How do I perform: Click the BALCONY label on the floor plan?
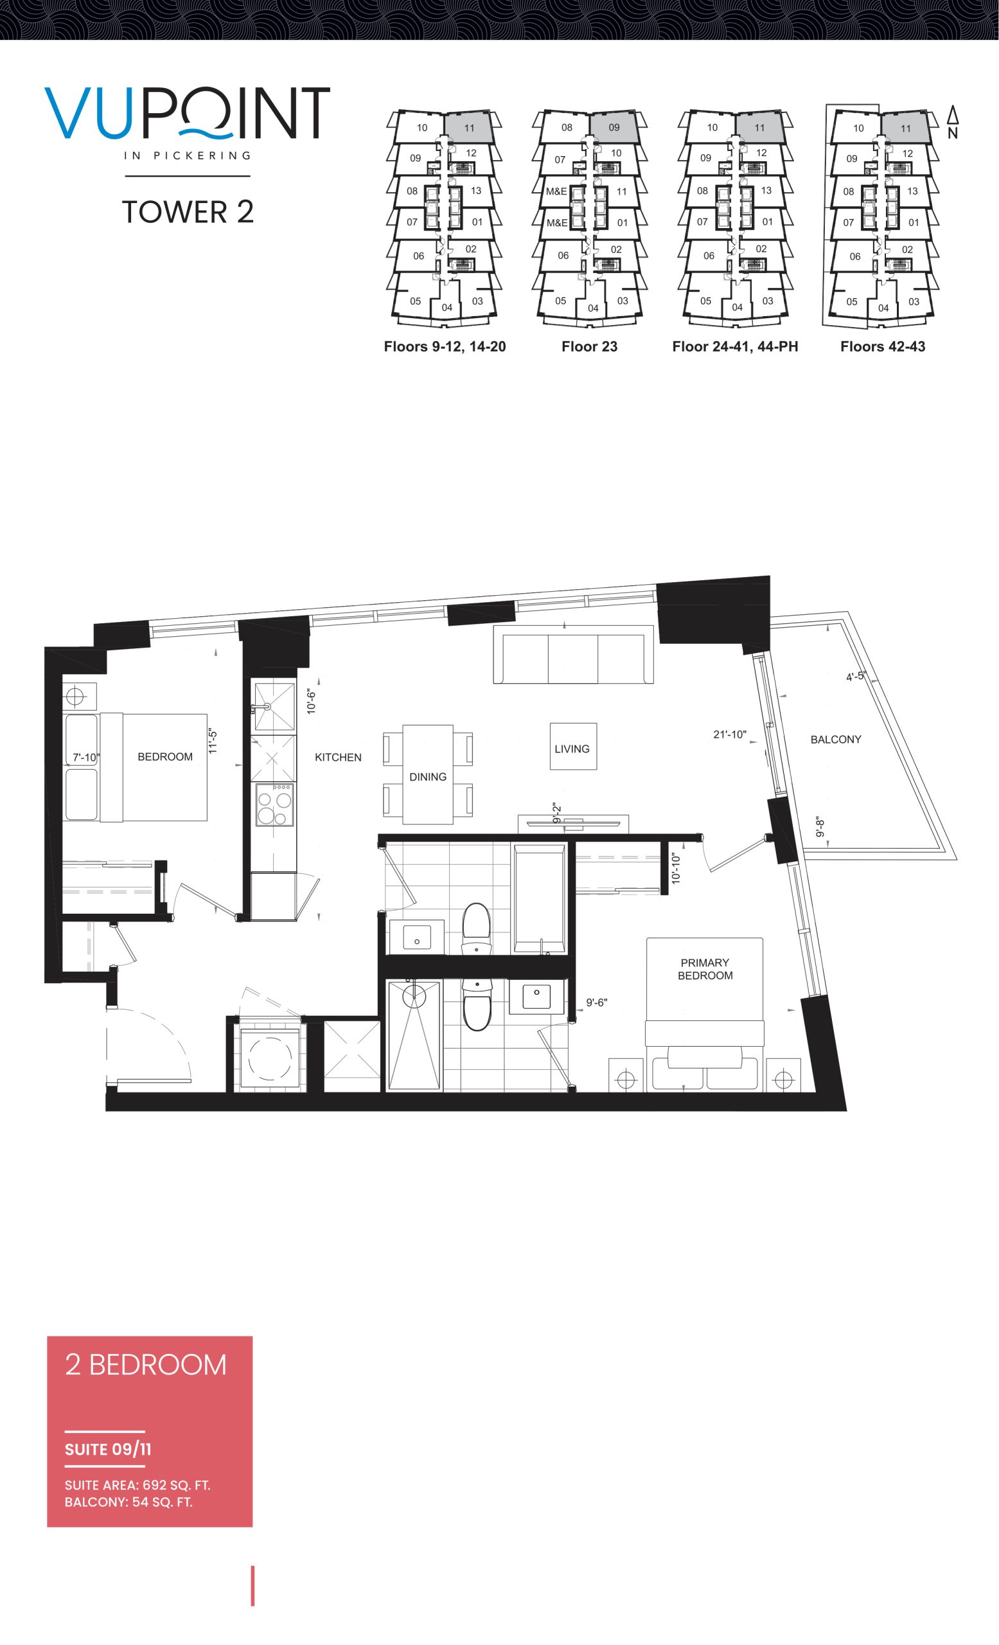tap(836, 739)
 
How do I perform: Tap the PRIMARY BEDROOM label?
tap(705, 969)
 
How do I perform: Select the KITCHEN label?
tap(338, 757)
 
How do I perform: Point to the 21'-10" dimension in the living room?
tap(729, 734)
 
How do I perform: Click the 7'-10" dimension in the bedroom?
tap(86, 757)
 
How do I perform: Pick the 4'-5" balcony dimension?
tap(856, 675)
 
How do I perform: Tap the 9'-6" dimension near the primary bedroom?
tap(597, 1002)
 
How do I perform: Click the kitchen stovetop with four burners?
tap(274, 805)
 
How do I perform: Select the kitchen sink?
tap(272, 706)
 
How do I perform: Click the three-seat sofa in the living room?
tap(573, 655)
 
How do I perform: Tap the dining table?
tap(428, 774)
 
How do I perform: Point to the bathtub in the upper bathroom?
tap(539, 898)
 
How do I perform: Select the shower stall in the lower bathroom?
tap(414, 1035)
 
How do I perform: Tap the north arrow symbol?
tap(953, 122)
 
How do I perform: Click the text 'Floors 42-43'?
tap(882, 346)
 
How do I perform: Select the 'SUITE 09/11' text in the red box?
tap(107, 1450)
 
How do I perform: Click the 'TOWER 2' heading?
tap(188, 211)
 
